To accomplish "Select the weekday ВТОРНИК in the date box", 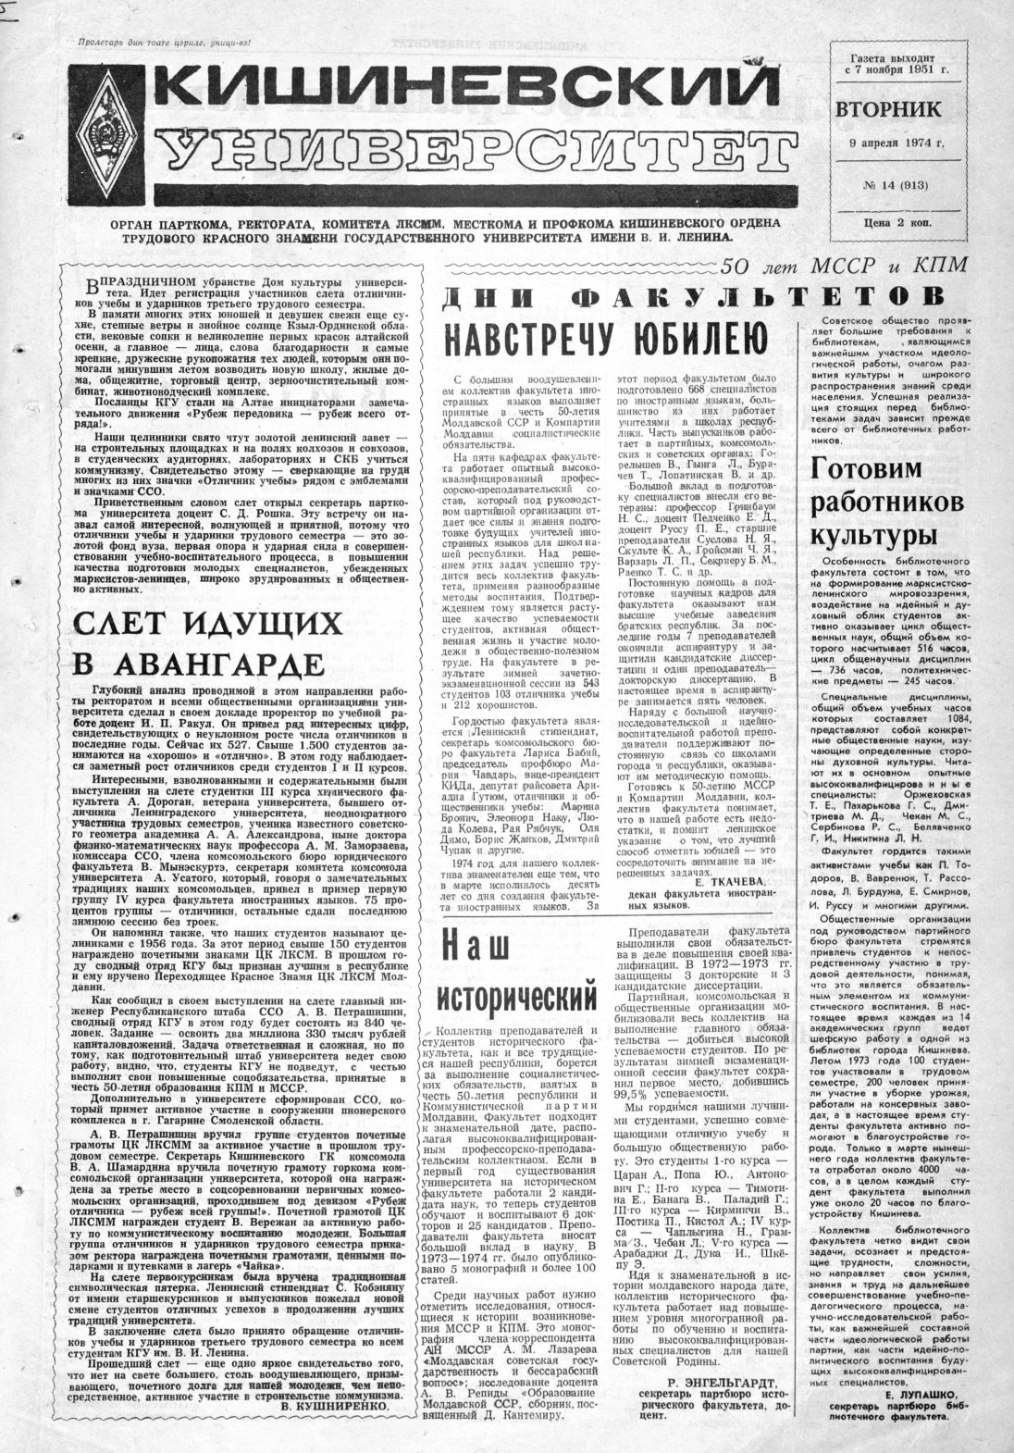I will point(890,109).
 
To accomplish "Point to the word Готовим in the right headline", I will point(866,470).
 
